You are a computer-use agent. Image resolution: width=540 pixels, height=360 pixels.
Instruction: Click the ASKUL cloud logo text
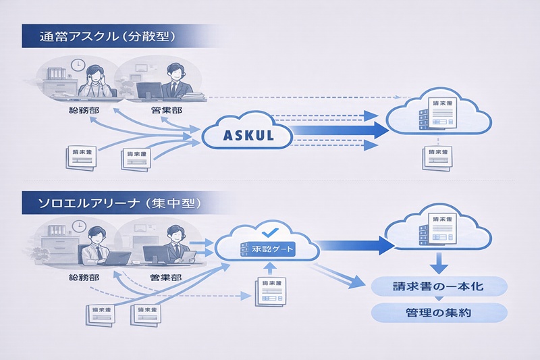pyautogui.click(x=247, y=134)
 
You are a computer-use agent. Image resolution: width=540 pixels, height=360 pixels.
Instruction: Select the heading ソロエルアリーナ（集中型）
pyautogui.click(x=111, y=201)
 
